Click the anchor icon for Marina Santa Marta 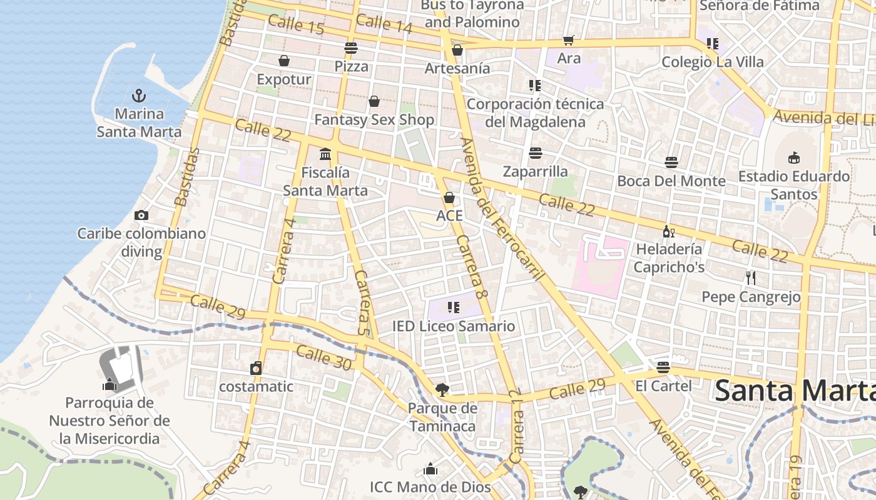point(139,96)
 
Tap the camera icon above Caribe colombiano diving point(141,216)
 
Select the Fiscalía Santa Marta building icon point(325,154)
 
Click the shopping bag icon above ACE point(449,198)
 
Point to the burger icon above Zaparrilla point(535,153)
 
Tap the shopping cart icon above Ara point(568,41)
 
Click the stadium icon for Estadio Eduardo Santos point(794,157)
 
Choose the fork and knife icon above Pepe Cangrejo point(751,277)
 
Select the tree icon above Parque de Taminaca point(442,391)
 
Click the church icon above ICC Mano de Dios point(430,469)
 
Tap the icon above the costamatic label point(256,368)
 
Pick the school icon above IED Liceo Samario point(454,307)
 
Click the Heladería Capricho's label point(669,258)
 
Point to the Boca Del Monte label point(671,181)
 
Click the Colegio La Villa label point(713,62)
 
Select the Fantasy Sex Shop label point(374,119)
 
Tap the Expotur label point(284,79)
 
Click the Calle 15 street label point(296,25)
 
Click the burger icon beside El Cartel point(663,367)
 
